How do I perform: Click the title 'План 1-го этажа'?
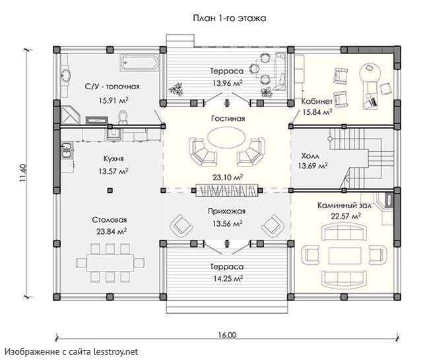pos(230,18)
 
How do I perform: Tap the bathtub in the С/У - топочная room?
pos(139,63)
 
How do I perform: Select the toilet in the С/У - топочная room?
pos(123,117)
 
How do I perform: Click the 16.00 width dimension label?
pos(227,335)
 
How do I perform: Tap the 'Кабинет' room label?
pos(317,101)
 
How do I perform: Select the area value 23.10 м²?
pos(228,178)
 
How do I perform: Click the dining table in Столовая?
pos(110,262)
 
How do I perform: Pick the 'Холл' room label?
pos(310,156)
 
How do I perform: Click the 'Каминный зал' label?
pos(344,205)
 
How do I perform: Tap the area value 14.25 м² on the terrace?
pos(228,279)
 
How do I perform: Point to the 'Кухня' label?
pos(114,159)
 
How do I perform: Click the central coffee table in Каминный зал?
pos(345,256)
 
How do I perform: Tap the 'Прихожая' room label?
pos(226,211)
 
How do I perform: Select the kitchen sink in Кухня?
pos(67,151)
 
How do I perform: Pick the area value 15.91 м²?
pos(114,100)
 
